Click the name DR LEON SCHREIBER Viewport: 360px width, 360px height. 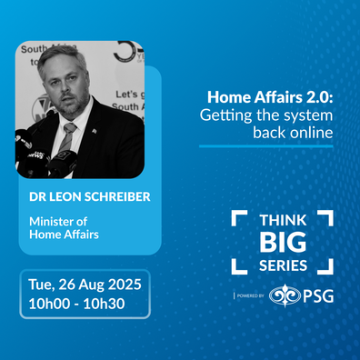(90, 196)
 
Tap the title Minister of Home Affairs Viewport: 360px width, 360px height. (64, 228)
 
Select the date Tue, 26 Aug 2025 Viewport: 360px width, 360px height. (85, 285)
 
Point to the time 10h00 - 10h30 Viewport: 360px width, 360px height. (76, 304)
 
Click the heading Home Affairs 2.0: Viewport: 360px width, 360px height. (270, 97)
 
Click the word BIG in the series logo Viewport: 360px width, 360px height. (283, 242)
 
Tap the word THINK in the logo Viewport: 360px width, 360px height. (283, 220)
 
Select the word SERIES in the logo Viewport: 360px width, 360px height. (283, 265)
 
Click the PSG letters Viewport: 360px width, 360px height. (318, 295)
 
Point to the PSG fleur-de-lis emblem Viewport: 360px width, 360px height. (285, 295)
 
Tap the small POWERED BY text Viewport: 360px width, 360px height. (250, 295)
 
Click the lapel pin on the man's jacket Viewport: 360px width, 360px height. (95, 131)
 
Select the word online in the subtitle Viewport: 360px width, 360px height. (311, 133)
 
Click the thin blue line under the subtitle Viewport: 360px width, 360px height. (266, 146)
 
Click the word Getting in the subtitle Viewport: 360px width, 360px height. (225, 115)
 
